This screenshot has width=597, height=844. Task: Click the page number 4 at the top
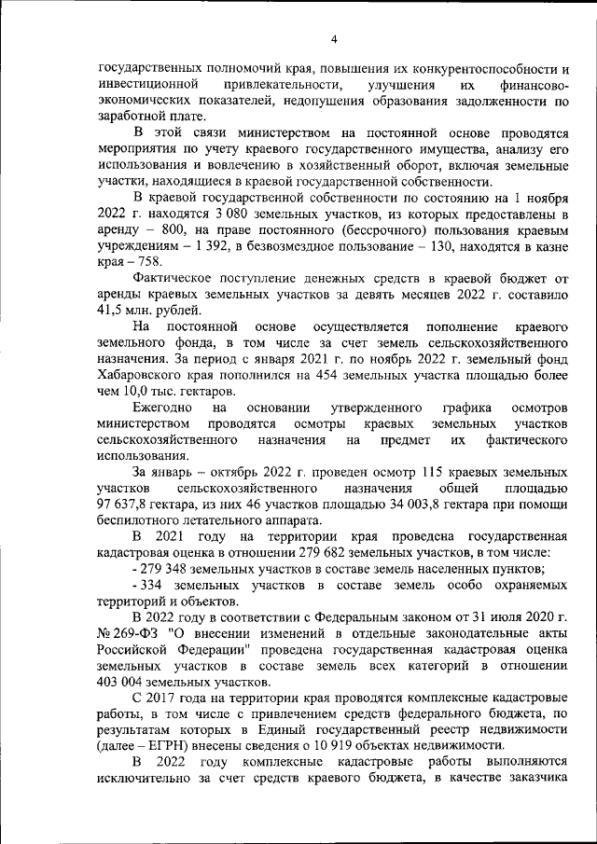tap(333, 38)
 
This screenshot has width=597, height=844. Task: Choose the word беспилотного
tap(137, 521)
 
